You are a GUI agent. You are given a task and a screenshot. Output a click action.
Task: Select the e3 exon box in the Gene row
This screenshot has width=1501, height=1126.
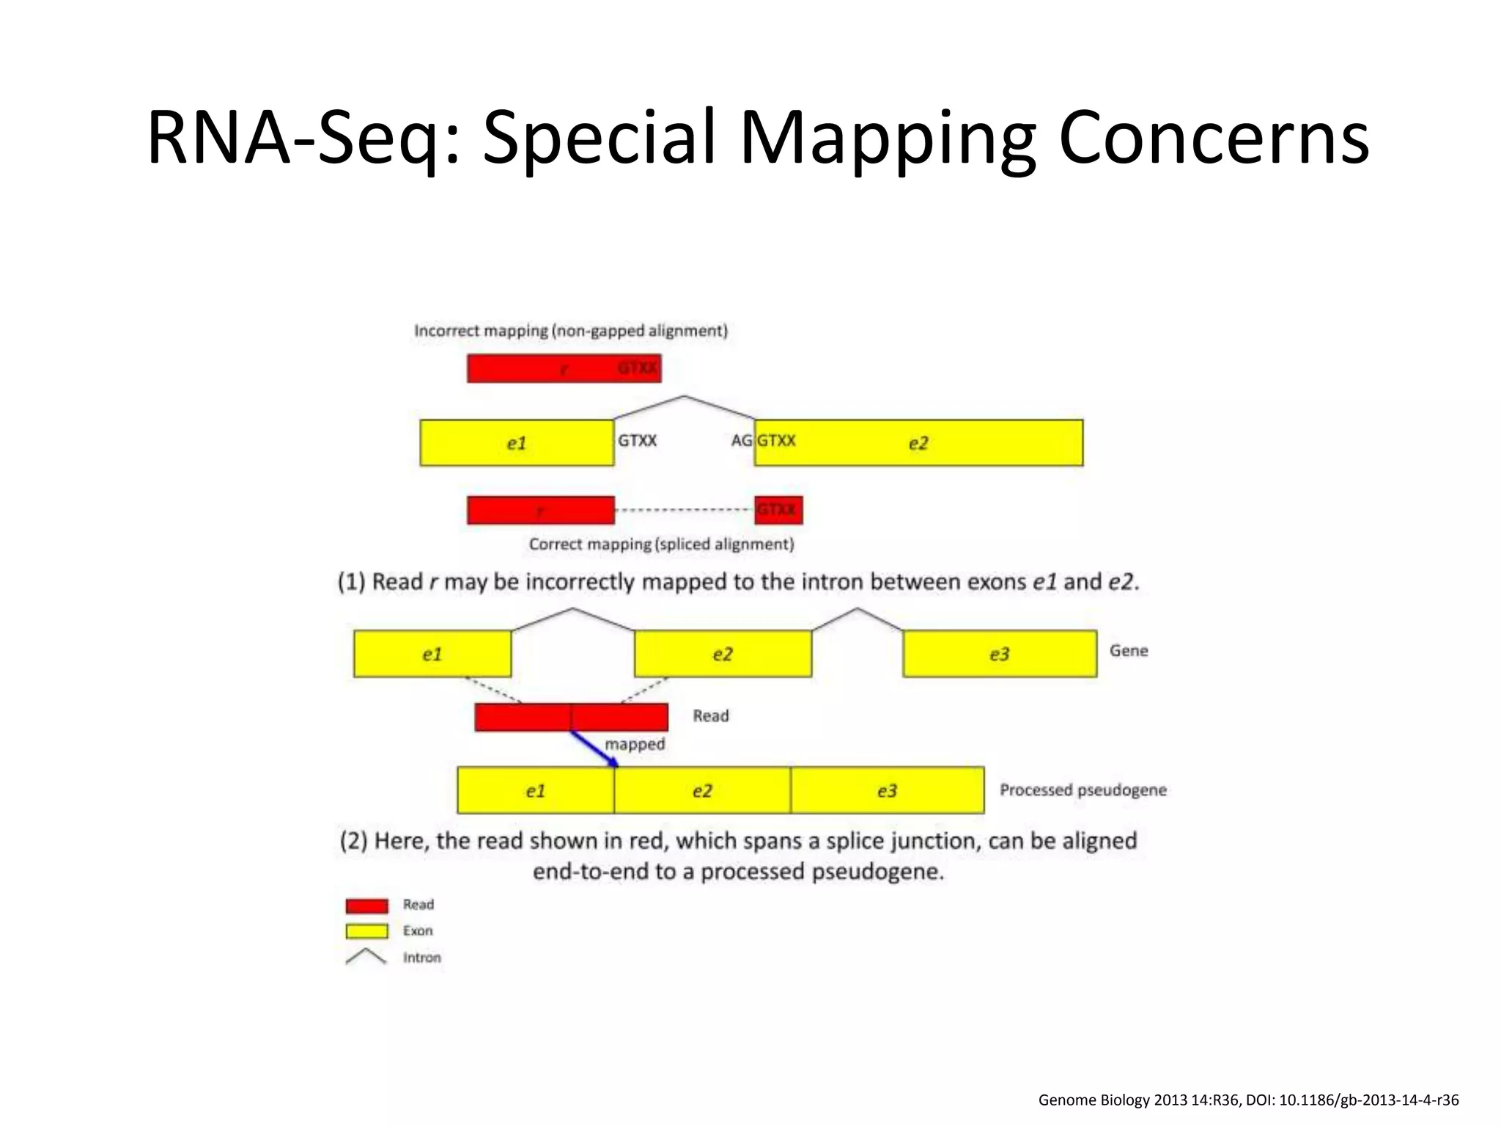1000,653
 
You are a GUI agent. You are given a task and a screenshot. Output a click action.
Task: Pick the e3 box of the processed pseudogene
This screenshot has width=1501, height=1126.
887,790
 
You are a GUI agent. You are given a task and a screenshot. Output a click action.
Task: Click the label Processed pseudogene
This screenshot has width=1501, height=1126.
1083,790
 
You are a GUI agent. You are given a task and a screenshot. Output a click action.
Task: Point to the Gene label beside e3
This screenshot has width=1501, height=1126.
1128,650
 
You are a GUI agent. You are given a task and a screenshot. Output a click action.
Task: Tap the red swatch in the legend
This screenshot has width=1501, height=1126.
366,905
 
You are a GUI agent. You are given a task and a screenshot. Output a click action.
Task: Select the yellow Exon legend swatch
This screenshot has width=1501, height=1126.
366,931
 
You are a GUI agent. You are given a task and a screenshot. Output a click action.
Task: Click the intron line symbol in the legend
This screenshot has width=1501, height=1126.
366,956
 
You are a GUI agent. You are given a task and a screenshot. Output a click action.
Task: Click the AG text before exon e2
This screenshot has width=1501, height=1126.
741,441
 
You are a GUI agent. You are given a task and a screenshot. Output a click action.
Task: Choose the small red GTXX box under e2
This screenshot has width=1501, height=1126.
778,509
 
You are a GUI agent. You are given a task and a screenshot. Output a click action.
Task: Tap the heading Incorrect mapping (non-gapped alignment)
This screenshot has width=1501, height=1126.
571,331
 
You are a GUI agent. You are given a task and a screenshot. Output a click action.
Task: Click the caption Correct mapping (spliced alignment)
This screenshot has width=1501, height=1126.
661,544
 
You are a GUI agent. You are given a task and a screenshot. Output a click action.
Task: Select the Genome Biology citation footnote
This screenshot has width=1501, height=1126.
1248,1100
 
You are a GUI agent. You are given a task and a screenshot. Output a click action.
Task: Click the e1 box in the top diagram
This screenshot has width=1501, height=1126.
517,443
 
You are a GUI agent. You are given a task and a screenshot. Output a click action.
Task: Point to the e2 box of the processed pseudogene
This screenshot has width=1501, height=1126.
702,790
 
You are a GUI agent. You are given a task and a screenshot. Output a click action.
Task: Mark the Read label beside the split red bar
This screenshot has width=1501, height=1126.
710,715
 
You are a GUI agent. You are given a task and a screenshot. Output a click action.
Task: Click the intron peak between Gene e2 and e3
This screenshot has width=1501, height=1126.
857,610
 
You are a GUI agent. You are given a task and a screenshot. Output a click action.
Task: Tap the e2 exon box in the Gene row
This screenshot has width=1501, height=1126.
723,653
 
